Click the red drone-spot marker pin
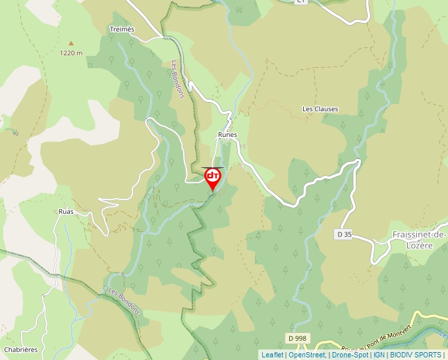(213, 178)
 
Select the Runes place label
(227, 134)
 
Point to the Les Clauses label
(320, 109)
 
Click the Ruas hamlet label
(66, 212)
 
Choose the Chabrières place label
(20, 349)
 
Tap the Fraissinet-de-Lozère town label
(419, 240)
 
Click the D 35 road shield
(344, 234)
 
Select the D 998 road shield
(297, 338)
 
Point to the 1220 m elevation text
(70, 53)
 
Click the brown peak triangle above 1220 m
(71, 43)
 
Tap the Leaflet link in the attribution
(272, 355)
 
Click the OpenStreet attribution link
(306, 355)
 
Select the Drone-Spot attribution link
(350, 355)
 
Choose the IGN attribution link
(379, 355)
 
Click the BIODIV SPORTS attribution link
(415, 355)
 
